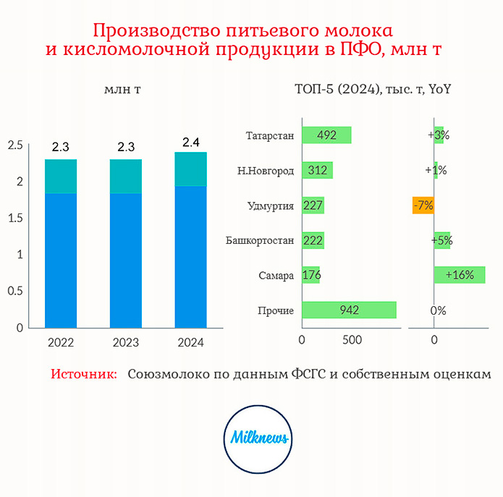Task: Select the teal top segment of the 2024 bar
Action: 190,169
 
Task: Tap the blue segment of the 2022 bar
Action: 61,260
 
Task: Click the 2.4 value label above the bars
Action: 191,142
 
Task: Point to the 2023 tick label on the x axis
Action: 126,342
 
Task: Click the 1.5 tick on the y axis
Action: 15,218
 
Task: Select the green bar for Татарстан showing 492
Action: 326,135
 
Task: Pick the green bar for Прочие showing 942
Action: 350,310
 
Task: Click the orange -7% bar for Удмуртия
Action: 423,205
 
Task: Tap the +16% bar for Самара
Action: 460,275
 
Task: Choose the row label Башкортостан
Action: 260,240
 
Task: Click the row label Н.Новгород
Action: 266,171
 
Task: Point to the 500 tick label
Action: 352,340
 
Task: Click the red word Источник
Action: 84,374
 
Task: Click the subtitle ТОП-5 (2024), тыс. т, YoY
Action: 373,89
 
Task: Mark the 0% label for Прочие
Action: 438,310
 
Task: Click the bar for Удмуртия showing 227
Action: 313,205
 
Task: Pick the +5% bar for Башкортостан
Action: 442,240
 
